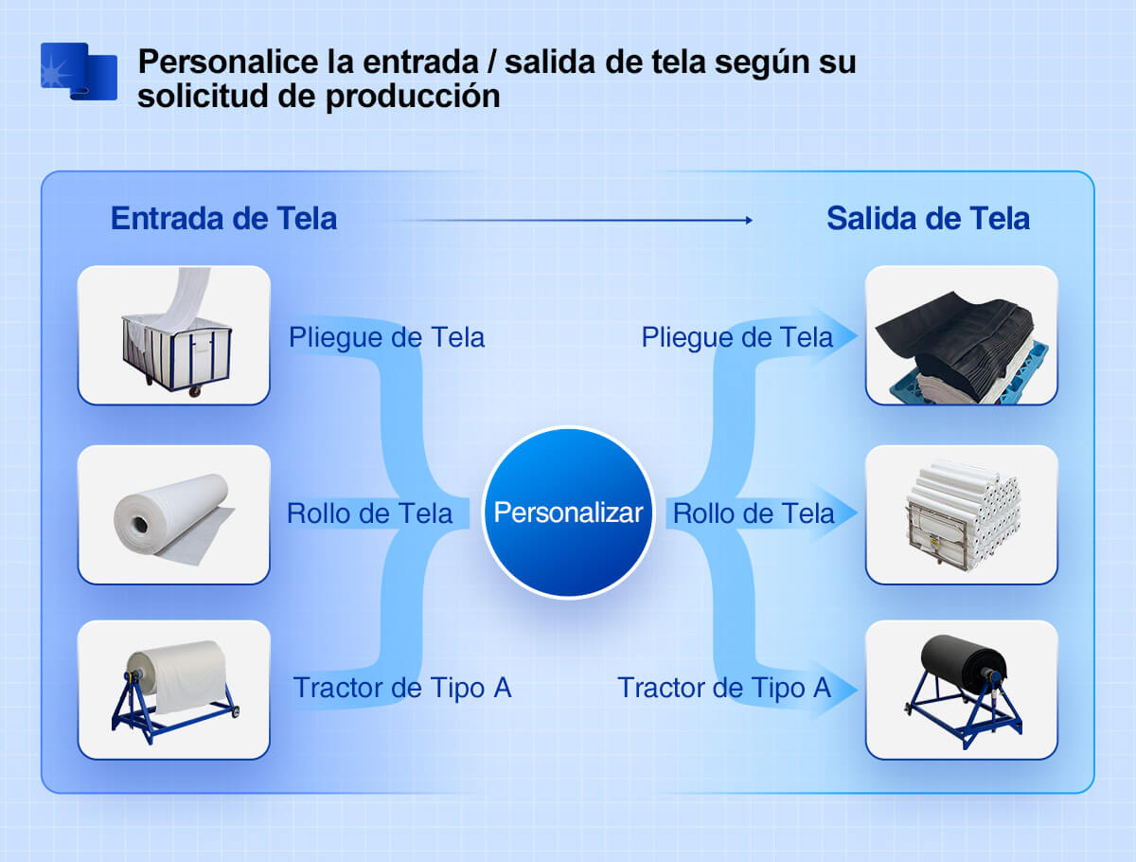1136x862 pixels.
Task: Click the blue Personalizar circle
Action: click(x=568, y=512)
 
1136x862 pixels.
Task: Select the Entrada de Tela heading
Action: click(x=223, y=218)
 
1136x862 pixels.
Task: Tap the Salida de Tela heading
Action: click(x=928, y=218)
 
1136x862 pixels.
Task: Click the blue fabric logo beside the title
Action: click(x=79, y=71)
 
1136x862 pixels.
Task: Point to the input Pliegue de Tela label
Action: click(x=386, y=337)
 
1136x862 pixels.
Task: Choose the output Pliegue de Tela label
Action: click(x=737, y=337)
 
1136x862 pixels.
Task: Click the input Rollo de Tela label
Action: click(x=369, y=513)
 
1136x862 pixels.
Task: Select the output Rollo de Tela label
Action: click(x=754, y=513)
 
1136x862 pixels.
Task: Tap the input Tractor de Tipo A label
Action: click(x=402, y=688)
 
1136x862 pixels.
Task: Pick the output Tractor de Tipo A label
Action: click(x=724, y=688)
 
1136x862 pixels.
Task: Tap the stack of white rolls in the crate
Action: click(x=962, y=515)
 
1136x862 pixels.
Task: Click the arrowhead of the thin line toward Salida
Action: click(x=750, y=220)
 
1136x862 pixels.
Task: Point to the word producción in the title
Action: click(x=413, y=97)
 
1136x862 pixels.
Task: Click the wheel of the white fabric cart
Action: click(x=195, y=392)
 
